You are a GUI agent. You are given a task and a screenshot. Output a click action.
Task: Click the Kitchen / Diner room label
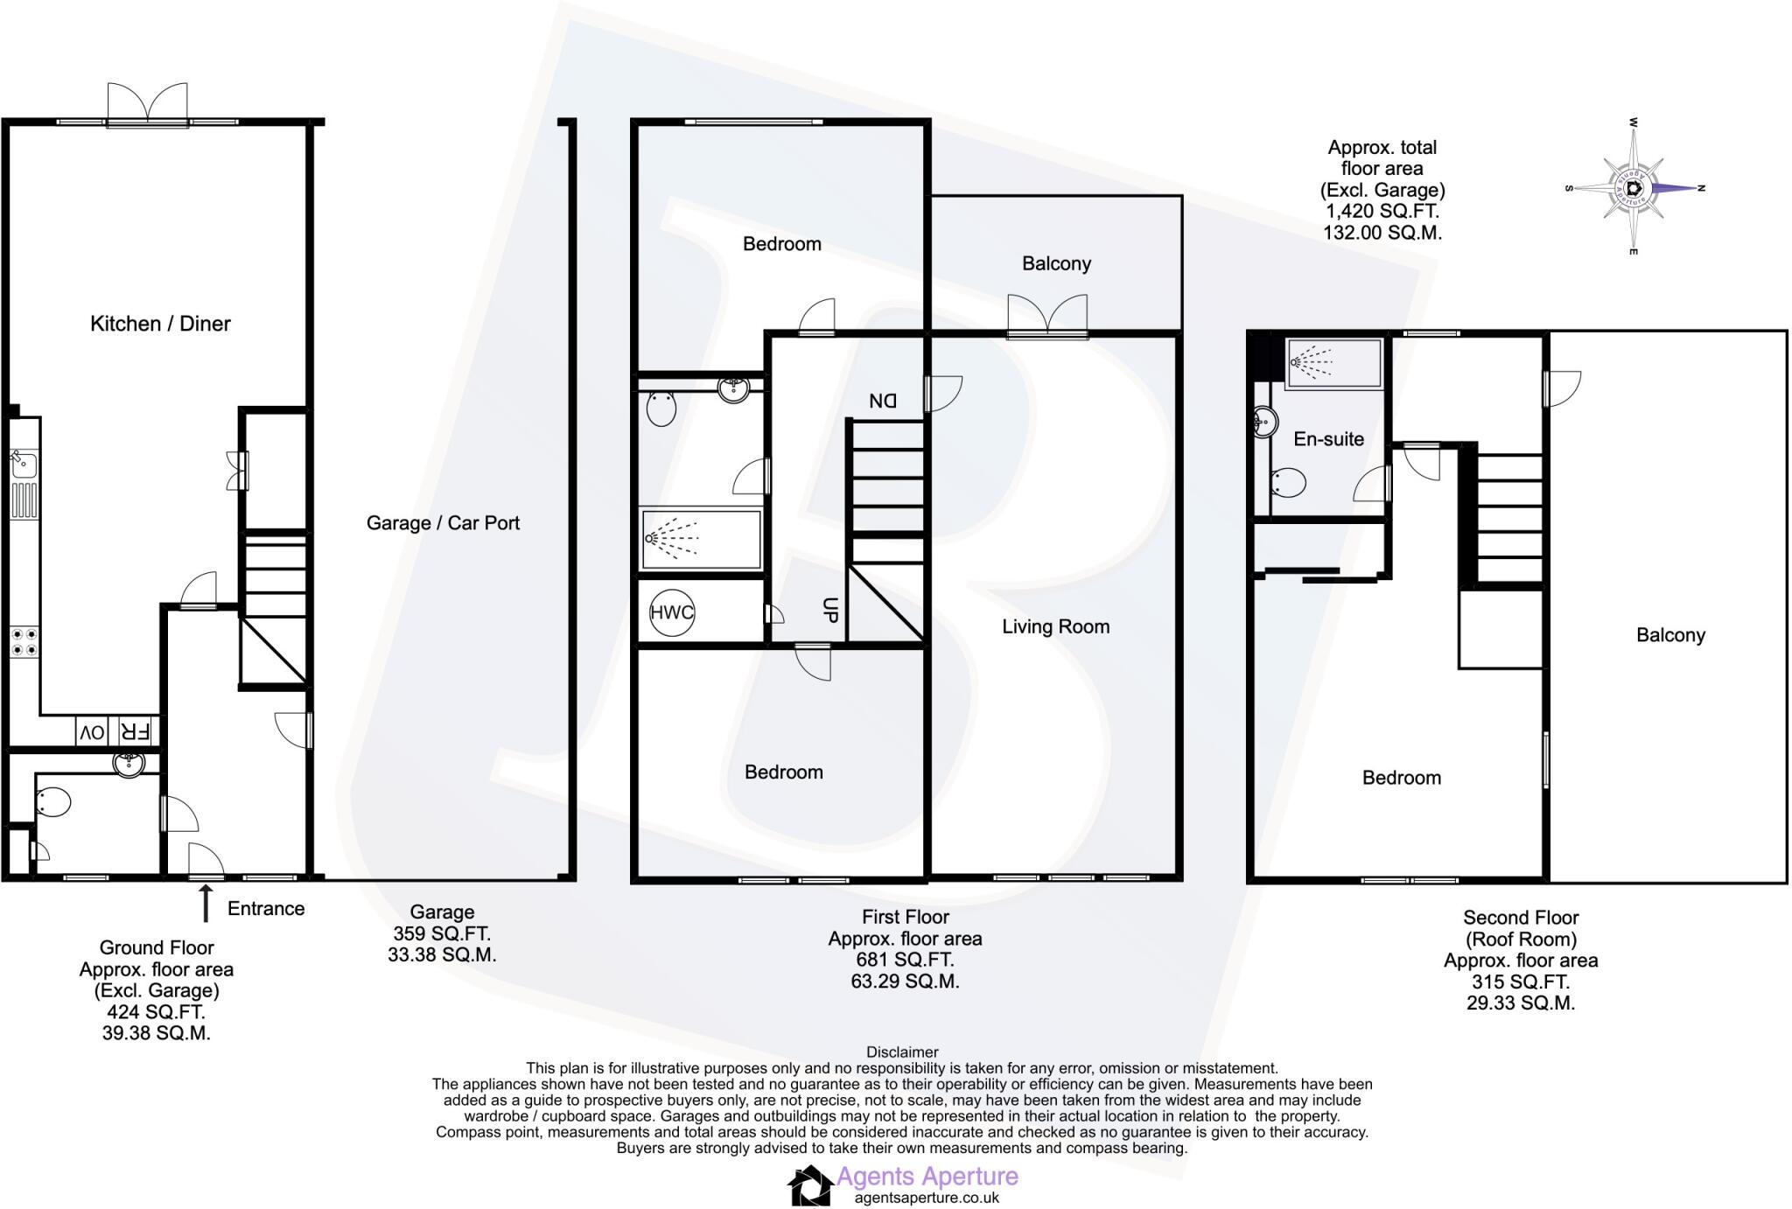click(x=160, y=324)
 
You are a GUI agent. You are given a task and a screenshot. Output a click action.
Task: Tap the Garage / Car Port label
click(x=443, y=523)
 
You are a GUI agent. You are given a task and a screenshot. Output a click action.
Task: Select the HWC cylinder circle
click(x=671, y=612)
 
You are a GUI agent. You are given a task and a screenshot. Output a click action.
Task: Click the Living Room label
click(x=1055, y=626)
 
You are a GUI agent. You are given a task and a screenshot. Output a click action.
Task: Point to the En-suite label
click(x=1328, y=439)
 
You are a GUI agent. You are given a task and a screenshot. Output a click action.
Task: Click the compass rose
click(x=1633, y=188)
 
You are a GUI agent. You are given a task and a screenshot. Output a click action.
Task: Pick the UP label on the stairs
click(x=829, y=610)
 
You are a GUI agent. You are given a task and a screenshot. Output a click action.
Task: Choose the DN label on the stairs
click(x=882, y=401)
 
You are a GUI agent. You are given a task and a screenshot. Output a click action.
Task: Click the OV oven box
click(x=92, y=732)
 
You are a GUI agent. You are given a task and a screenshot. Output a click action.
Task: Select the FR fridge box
click(x=135, y=732)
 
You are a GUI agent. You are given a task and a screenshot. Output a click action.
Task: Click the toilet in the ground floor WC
click(x=53, y=802)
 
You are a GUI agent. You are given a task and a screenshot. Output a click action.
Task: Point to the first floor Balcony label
click(x=1056, y=263)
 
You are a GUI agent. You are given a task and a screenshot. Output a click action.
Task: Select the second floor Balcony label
click(x=1670, y=635)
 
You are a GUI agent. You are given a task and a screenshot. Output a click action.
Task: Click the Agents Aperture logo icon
click(x=810, y=1186)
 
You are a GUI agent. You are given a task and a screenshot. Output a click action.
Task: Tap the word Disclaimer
click(x=902, y=1052)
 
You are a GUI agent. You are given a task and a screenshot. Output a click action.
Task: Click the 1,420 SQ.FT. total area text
click(x=1382, y=211)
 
